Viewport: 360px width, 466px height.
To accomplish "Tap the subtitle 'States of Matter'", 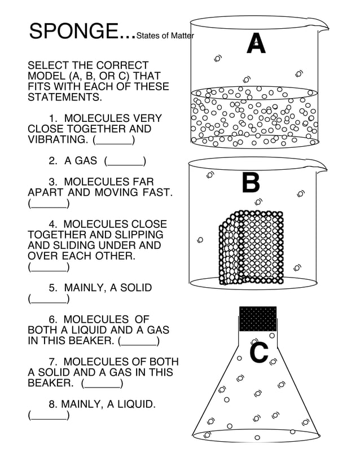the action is point(165,37).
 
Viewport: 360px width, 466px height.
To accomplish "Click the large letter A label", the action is point(256,44).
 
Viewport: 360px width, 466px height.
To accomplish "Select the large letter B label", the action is point(251,183).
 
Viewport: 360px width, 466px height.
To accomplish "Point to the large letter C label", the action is point(259,354).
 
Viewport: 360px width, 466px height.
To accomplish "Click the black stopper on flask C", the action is point(258,319).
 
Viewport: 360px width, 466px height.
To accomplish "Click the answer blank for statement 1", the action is point(113,140).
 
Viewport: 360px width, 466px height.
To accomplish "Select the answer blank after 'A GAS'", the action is point(125,162).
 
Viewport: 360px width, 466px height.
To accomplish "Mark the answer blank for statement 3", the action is point(49,204).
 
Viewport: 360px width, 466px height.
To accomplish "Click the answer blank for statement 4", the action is point(49,267).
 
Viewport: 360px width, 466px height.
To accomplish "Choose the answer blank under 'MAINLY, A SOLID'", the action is point(49,299).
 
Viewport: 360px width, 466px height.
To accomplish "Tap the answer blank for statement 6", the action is point(139,341).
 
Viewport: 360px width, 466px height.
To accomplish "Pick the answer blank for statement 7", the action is point(102,384).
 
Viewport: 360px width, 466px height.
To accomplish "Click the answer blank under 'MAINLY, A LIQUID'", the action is point(49,416).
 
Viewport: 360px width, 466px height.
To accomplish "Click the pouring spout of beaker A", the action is point(322,26).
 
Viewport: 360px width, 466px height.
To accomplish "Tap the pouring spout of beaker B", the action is point(322,167).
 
